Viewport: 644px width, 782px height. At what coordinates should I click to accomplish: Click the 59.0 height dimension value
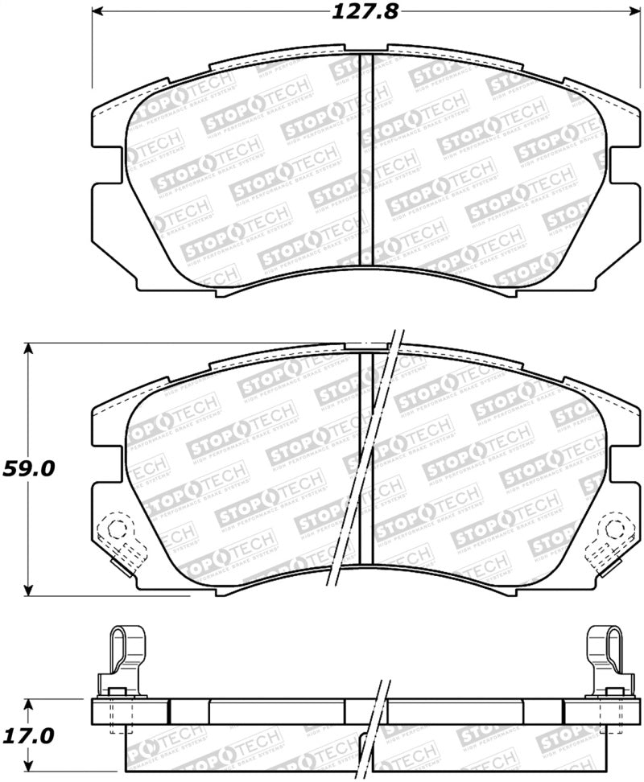[x=30, y=468]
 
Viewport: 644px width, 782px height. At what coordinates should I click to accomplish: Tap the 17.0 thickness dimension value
[x=30, y=735]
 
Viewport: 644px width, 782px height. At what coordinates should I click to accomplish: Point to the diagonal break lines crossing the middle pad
[x=362, y=459]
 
